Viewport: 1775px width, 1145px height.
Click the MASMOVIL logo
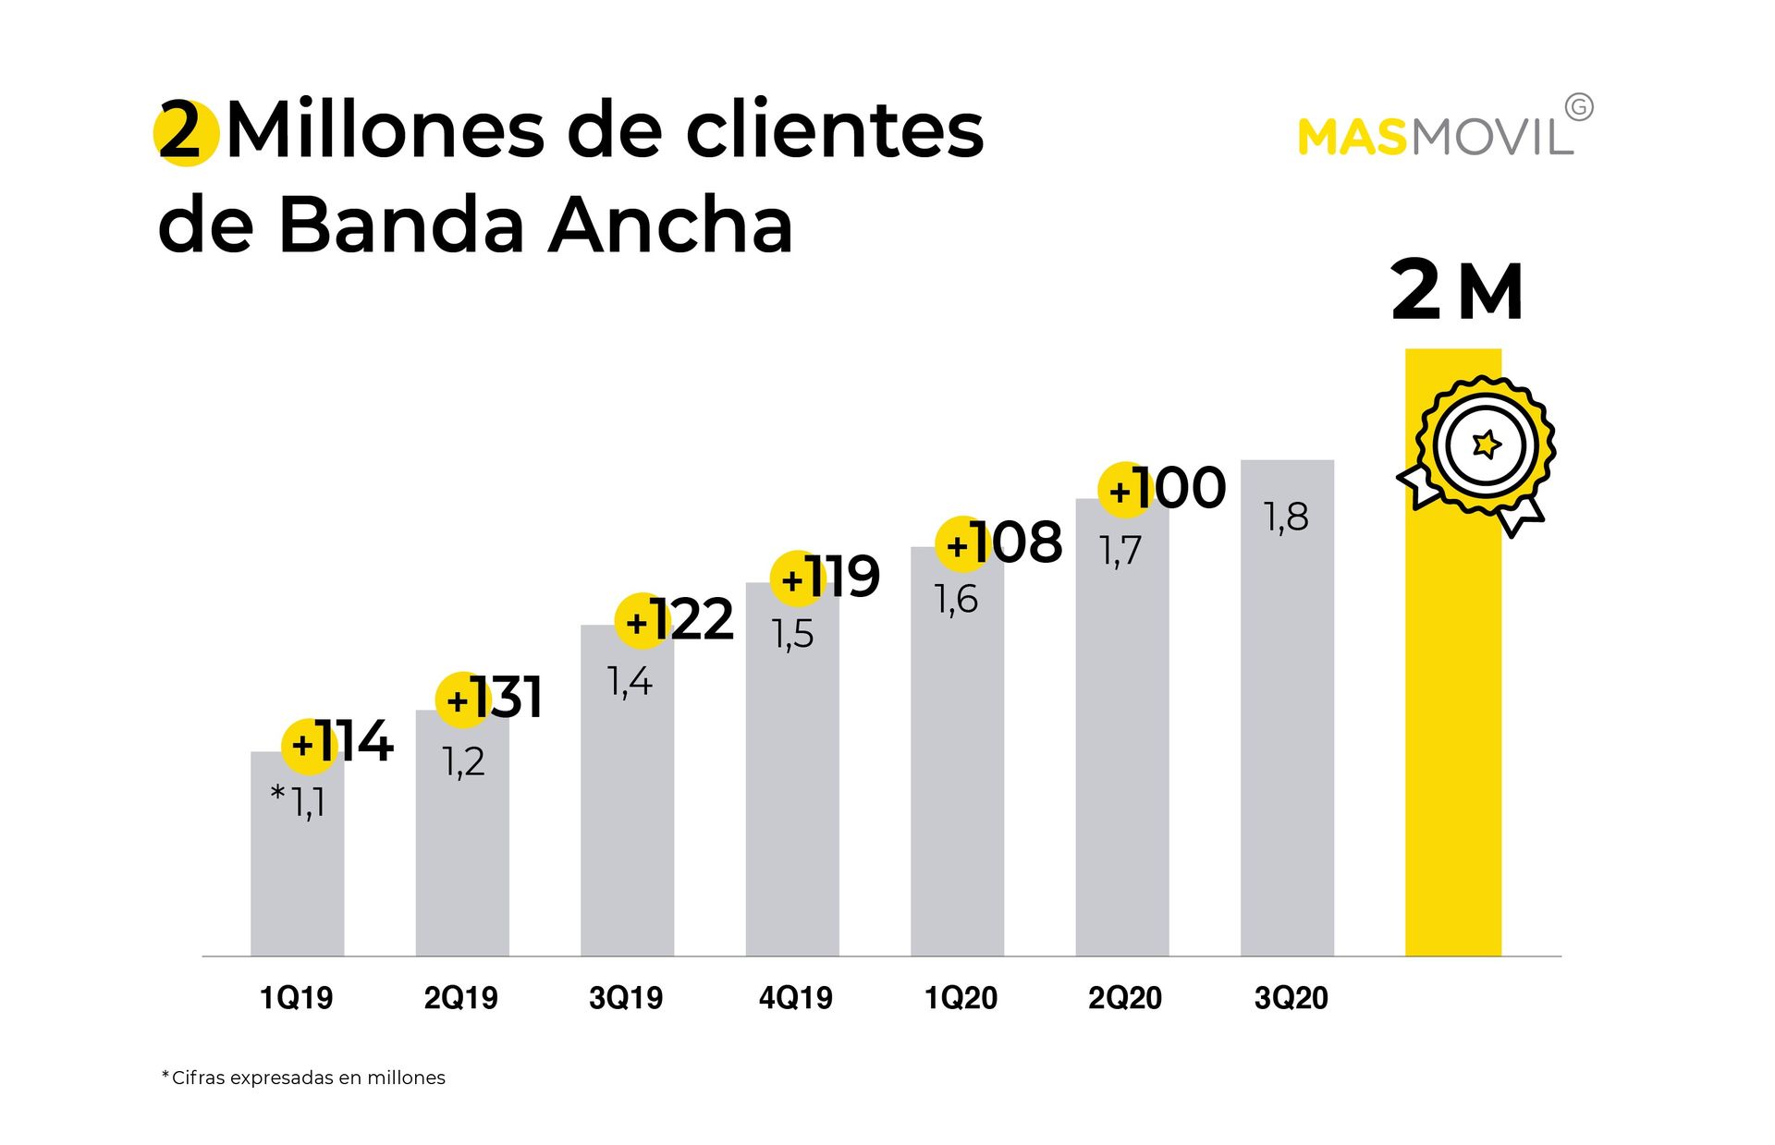click(x=1436, y=137)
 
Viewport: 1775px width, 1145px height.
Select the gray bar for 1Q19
click(x=297, y=878)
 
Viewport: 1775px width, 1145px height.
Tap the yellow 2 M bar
click(x=1452, y=739)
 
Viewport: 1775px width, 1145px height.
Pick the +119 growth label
click(x=829, y=578)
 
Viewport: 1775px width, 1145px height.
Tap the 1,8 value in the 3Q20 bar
click(x=1286, y=518)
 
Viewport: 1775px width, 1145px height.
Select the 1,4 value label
click(x=630, y=682)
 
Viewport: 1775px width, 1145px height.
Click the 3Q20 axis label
click(x=1291, y=998)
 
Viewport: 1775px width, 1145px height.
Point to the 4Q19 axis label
click(x=795, y=998)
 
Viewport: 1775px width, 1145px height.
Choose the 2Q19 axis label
click(x=460, y=998)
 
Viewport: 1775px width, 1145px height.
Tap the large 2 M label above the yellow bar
click(x=1456, y=292)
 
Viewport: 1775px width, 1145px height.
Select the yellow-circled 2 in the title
click(x=185, y=133)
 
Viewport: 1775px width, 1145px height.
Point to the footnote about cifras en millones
click(x=304, y=1078)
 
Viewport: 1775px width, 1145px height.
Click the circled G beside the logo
click(x=1580, y=108)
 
